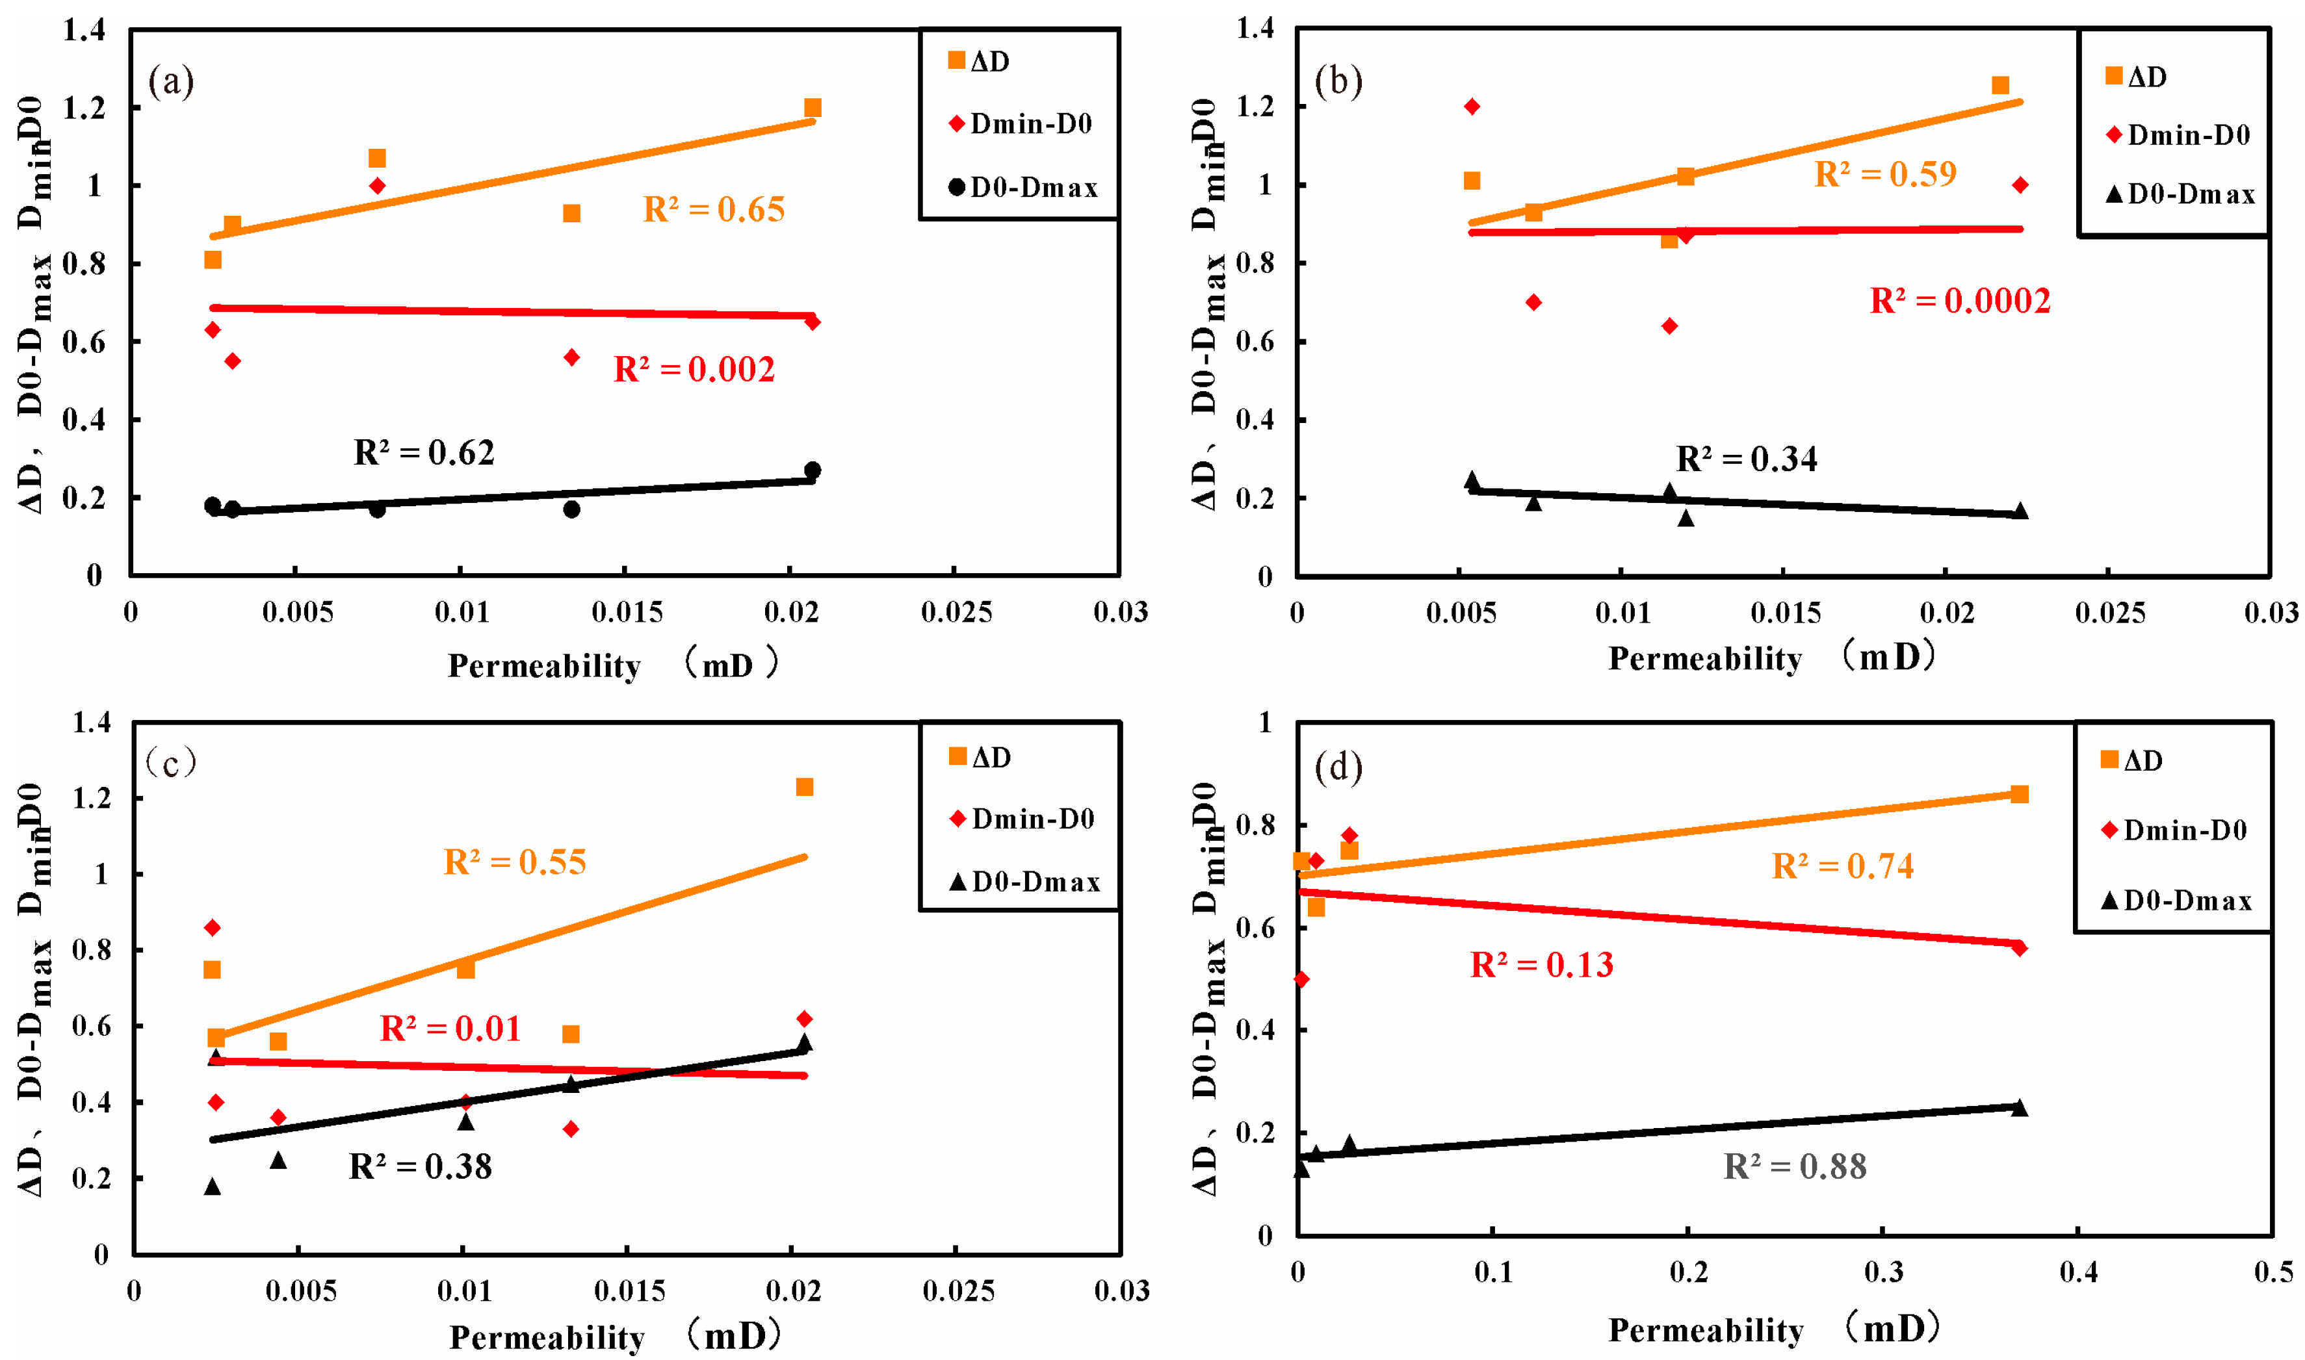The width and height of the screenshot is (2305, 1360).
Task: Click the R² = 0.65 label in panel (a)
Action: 714,210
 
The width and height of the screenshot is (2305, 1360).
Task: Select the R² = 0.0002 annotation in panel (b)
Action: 1959,301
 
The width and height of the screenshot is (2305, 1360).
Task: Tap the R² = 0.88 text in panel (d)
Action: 1795,1166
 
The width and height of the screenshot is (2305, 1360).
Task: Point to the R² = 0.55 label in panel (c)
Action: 514,862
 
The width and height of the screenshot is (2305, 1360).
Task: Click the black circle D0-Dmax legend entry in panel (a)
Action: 1022,188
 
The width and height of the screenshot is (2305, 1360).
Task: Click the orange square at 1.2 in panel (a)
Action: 812,108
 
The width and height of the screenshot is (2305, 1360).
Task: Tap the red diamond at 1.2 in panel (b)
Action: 1472,107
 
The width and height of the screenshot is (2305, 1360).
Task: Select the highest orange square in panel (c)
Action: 805,788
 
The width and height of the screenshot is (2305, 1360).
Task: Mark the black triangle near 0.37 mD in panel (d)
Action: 2019,1108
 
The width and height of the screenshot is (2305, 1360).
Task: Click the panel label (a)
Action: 172,83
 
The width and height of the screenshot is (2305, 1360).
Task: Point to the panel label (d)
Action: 1338,766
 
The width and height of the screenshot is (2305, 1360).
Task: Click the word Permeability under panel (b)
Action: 1704,660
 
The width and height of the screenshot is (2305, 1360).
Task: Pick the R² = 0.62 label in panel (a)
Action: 424,453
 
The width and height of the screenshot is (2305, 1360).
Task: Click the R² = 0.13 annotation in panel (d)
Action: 1542,965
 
